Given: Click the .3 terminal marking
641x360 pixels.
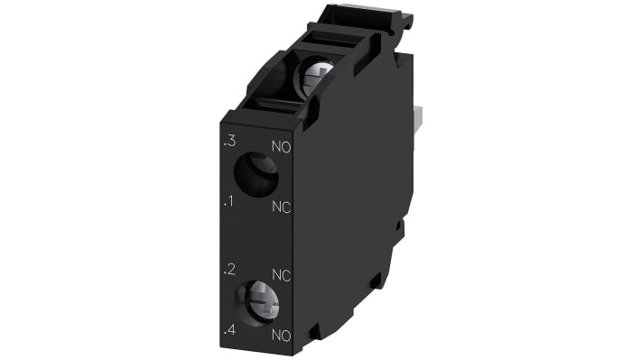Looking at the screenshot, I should pyautogui.click(x=229, y=142).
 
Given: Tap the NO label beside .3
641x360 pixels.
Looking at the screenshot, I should pyautogui.click(x=281, y=146).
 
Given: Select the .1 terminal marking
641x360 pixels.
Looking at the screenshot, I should pyautogui.click(x=229, y=201).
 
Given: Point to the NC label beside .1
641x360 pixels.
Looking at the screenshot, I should pyautogui.click(x=281, y=207).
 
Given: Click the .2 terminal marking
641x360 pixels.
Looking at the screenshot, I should pyautogui.click(x=230, y=269).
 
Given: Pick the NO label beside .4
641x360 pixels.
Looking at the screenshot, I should pyautogui.click(x=281, y=336).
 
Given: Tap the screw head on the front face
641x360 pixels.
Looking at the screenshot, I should pyautogui.click(x=255, y=300).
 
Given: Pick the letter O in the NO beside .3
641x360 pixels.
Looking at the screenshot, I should pyautogui.click(x=285, y=146).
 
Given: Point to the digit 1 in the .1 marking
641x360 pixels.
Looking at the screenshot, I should pyautogui.click(x=232, y=201).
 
